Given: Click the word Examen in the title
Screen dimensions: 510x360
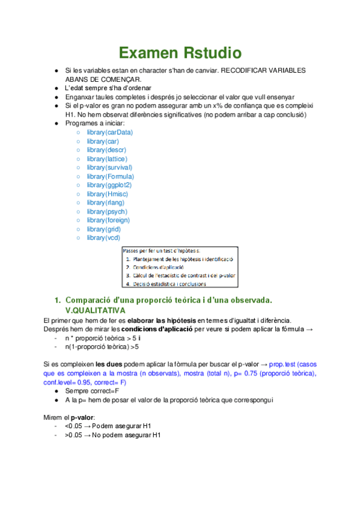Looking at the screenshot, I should click(x=145, y=54).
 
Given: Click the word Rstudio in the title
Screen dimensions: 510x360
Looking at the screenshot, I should click(x=208, y=54).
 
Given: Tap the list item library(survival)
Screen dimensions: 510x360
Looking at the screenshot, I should click(x=109, y=167).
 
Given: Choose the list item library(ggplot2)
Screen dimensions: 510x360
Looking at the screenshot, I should click(x=109, y=185).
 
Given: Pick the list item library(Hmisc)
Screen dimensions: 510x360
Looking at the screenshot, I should click(x=106, y=194).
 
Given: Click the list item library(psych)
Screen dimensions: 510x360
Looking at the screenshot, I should click(x=106, y=212).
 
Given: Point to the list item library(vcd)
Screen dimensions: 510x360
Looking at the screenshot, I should click(x=103, y=238).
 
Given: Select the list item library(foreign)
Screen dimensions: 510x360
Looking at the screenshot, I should click(x=108, y=220).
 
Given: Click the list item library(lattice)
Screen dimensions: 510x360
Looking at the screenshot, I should click(x=107, y=158).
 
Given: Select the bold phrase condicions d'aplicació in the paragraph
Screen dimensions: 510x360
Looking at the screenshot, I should click(x=156, y=329).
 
